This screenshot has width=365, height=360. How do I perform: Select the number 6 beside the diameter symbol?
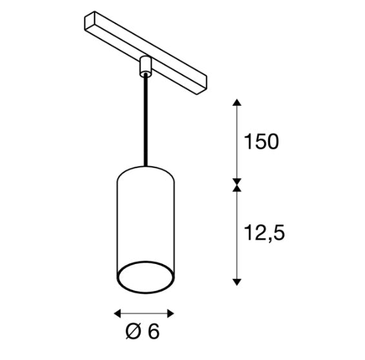pos(153,332)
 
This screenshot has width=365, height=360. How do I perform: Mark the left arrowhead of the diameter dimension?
pos(117,314)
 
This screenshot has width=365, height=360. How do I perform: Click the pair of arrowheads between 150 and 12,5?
pos(237,185)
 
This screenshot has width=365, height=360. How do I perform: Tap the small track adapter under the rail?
pos(144,66)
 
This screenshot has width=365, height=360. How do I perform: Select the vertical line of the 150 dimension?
pos(237,142)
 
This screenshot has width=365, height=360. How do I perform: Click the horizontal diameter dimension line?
pos(144,314)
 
